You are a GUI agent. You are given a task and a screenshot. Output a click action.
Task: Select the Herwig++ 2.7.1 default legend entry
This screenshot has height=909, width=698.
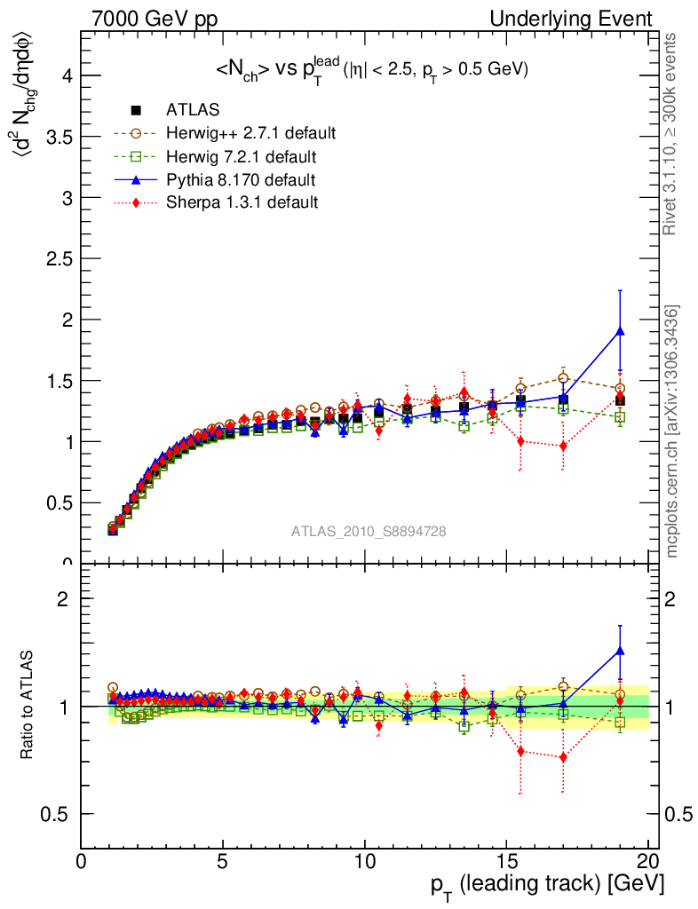point(250,133)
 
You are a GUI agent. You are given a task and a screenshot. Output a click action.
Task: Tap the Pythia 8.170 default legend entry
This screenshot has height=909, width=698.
point(241,179)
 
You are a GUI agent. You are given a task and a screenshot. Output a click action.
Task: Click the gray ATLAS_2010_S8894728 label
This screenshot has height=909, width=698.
point(369,531)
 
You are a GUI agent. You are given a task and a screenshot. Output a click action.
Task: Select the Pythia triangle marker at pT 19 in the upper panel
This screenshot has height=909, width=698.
point(620,331)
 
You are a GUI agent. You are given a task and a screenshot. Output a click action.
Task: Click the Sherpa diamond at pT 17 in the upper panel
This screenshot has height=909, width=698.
point(563,446)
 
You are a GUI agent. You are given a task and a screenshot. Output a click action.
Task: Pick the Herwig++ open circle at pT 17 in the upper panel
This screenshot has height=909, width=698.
point(563,377)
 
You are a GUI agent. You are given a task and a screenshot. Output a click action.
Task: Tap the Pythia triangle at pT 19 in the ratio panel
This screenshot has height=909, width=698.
point(620,651)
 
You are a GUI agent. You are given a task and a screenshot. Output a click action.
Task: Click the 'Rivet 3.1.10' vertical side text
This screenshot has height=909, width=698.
point(672,133)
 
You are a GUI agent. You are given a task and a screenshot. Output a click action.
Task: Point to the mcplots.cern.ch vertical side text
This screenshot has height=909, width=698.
point(672,431)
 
